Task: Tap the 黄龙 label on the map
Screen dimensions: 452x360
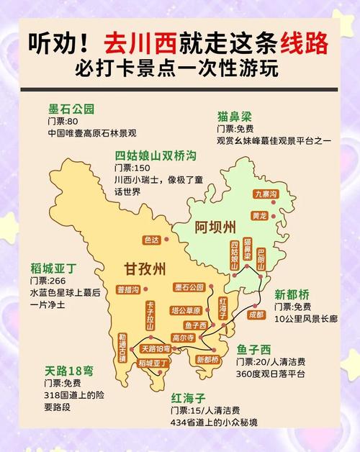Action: tap(260, 215)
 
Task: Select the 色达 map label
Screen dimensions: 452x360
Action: tap(152, 240)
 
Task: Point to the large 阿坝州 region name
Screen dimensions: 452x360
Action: tap(215, 228)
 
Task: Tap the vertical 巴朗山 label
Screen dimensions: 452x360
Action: tap(261, 257)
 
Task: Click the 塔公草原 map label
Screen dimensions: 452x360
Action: tap(185, 310)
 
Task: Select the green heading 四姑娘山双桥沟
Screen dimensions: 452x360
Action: tap(155, 155)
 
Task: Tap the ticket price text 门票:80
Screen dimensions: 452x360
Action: tap(63, 122)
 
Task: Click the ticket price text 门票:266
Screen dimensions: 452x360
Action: tap(48, 281)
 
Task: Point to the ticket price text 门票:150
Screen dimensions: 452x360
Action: tap(132, 168)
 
